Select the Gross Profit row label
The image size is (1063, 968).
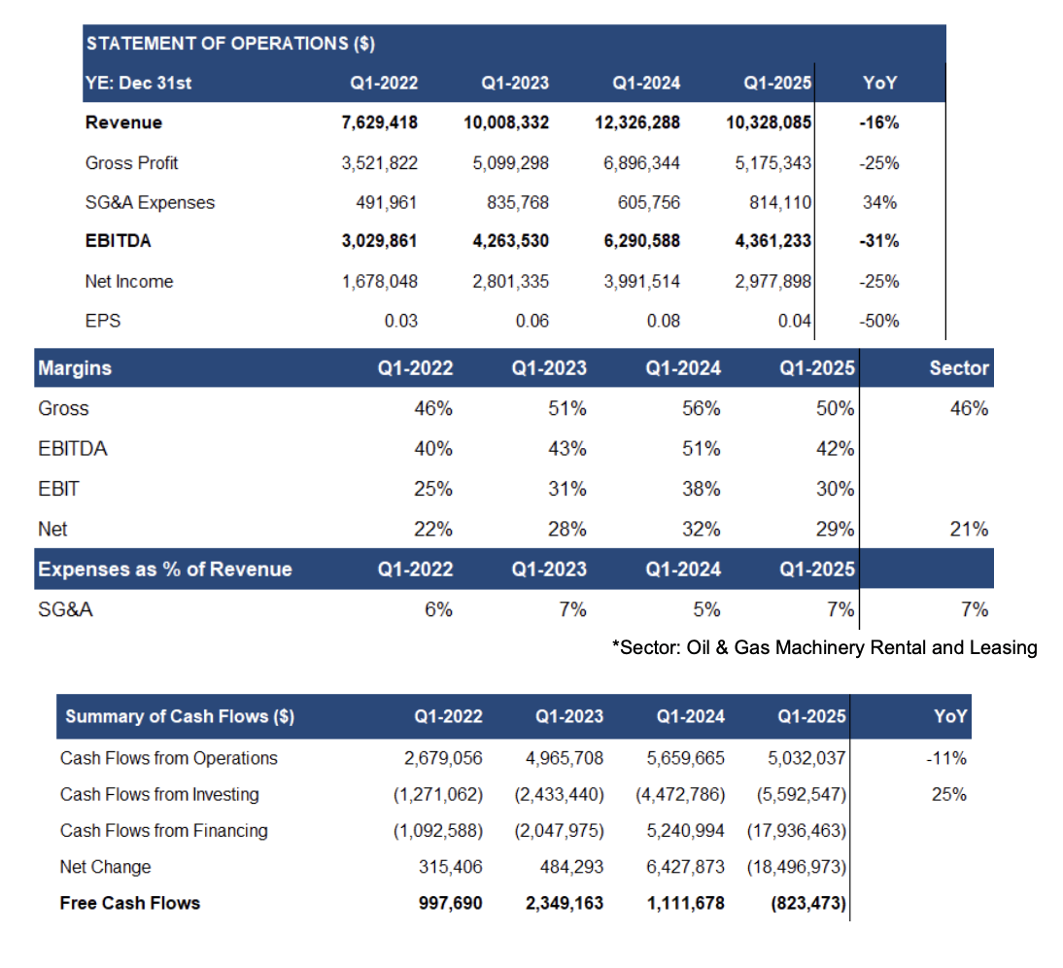pyautogui.click(x=131, y=162)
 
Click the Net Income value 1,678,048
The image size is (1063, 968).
pyautogui.click(x=379, y=282)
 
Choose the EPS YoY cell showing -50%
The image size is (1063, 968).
pyautogui.click(x=879, y=322)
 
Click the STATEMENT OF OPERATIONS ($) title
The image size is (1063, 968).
pyautogui.click(x=230, y=43)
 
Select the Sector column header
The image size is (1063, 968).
pyautogui.click(x=958, y=368)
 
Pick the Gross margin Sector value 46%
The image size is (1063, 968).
pyautogui.click(x=969, y=409)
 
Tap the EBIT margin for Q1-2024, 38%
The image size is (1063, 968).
pyautogui.click(x=701, y=489)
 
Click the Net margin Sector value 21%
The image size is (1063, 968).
pyautogui.click(x=969, y=530)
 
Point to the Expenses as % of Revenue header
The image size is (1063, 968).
pyautogui.click(x=165, y=570)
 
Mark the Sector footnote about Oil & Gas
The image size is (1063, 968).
pyautogui.click(x=824, y=647)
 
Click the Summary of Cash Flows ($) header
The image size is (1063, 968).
pyautogui.click(x=180, y=717)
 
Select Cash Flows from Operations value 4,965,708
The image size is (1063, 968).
pyautogui.click(x=559, y=758)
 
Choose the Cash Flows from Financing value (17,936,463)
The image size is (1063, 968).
pyautogui.click(x=796, y=830)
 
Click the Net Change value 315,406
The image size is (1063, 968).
pyautogui.click(x=448, y=866)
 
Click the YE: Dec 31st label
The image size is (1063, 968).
pyautogui.click(x=138, y=83)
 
